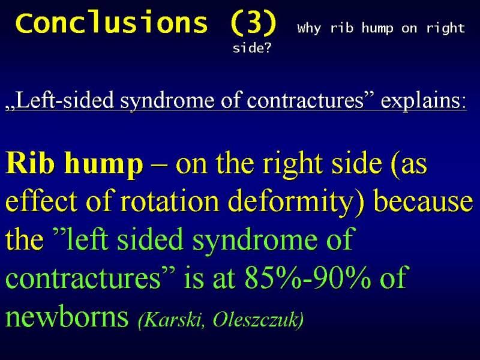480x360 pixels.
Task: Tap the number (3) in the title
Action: pos(253,23)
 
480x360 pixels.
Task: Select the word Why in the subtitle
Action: pos(309,28)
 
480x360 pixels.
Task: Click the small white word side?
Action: pos(252,48)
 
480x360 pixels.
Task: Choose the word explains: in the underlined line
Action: pos(424,100)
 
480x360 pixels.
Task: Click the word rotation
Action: pos(169,202)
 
